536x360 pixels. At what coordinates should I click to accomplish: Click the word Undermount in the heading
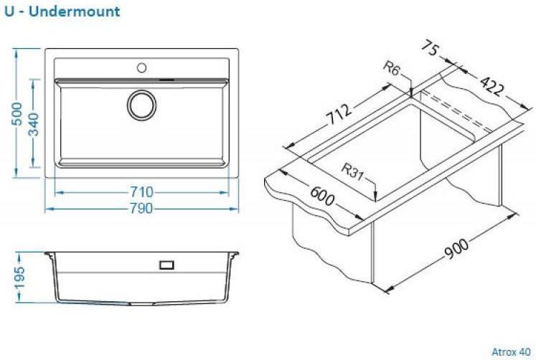(74, 11)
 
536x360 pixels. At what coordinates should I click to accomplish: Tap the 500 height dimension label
(17, 114)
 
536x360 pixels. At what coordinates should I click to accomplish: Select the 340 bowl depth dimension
(34, 124)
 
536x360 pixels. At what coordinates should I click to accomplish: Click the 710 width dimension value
(141, 192)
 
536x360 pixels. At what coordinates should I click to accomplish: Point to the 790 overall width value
(141, 209)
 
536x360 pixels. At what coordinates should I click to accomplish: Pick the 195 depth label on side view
(19, 278)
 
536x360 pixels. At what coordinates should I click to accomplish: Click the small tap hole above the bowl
(141, 67)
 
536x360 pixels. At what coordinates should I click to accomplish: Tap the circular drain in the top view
(141, 105)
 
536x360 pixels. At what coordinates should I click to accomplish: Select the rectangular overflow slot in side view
(166, 265)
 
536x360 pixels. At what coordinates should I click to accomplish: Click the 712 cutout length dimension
(339, 114)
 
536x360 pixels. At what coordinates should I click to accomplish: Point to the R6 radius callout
(391, 68)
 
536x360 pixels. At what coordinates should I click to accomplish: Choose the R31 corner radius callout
(352, 172)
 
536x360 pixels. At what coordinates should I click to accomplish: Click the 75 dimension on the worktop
(429, 47)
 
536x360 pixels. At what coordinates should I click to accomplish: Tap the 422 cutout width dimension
(492, 86)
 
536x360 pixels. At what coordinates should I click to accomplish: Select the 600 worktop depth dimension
(322, 196)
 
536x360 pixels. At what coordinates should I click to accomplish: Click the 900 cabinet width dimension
(456, 249)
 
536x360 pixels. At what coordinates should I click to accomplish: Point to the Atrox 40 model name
(511, 352)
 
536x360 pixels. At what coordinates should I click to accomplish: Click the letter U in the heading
(9, 11)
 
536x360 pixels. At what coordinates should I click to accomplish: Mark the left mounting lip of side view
(49, 255)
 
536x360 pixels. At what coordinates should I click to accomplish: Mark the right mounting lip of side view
(234, 255)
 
